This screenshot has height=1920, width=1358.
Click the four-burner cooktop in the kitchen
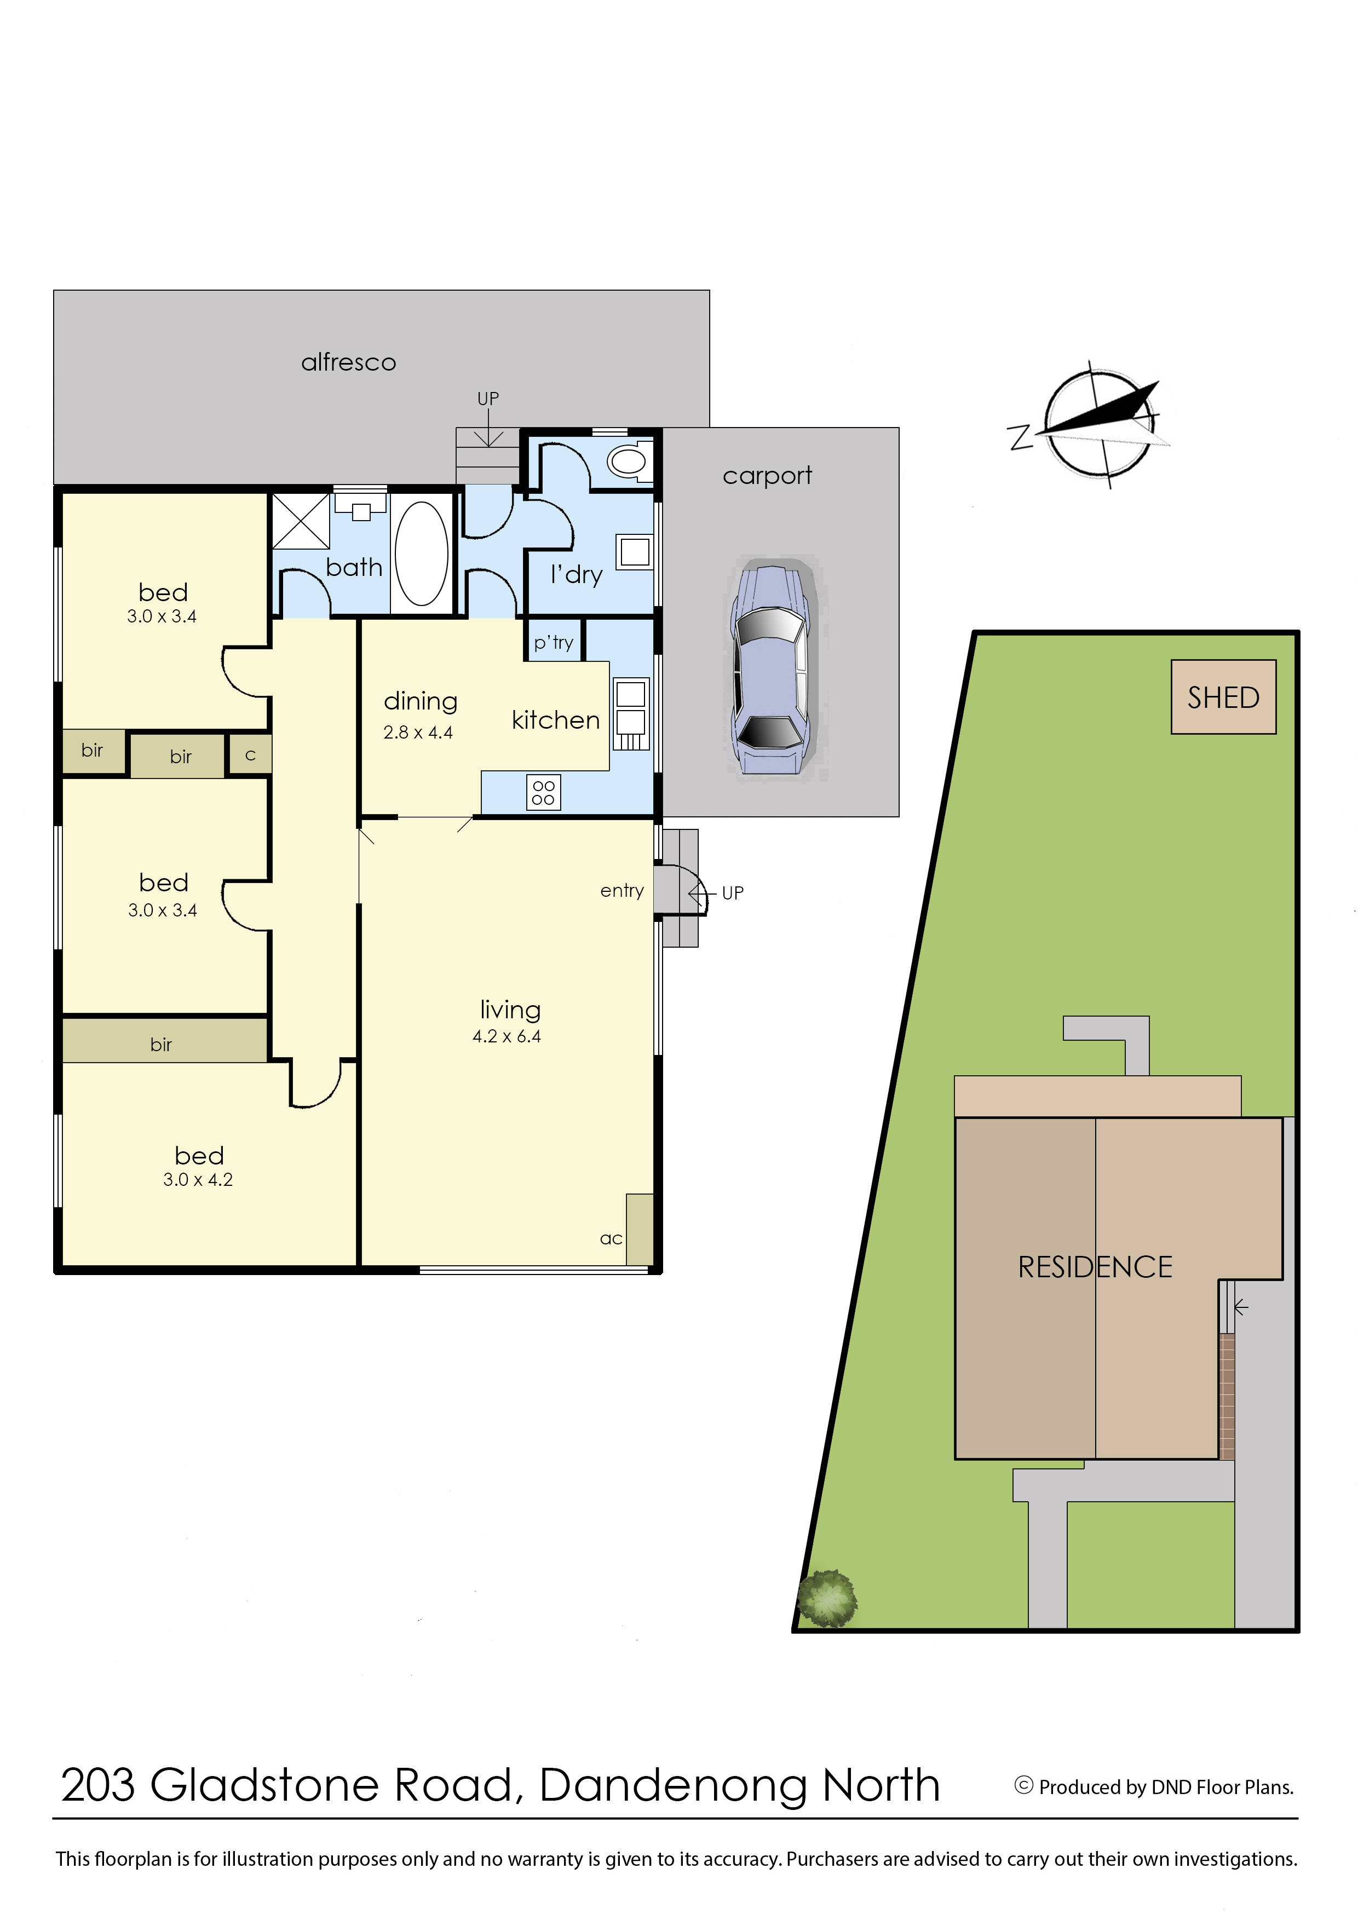tap(544, 792)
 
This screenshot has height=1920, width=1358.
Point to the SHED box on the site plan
tap(1223, 697)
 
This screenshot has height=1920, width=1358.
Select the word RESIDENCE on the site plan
tap(1095, 1267)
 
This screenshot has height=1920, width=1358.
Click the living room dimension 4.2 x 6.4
tap(507, 1036)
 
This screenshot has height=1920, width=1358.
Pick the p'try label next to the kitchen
tap(554, 642)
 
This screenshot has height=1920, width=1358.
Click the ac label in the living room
tap(611, 1238)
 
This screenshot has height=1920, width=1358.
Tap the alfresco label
tap(349, 362)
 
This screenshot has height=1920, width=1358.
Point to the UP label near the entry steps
tap(733, 893)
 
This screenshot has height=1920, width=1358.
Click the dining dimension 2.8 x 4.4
tap(418, 733)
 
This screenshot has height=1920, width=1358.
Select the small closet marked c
tap(250, 755)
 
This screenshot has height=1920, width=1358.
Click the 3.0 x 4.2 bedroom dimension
tap(198, 1180)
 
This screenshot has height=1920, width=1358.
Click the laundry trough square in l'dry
tap(635, 551)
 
